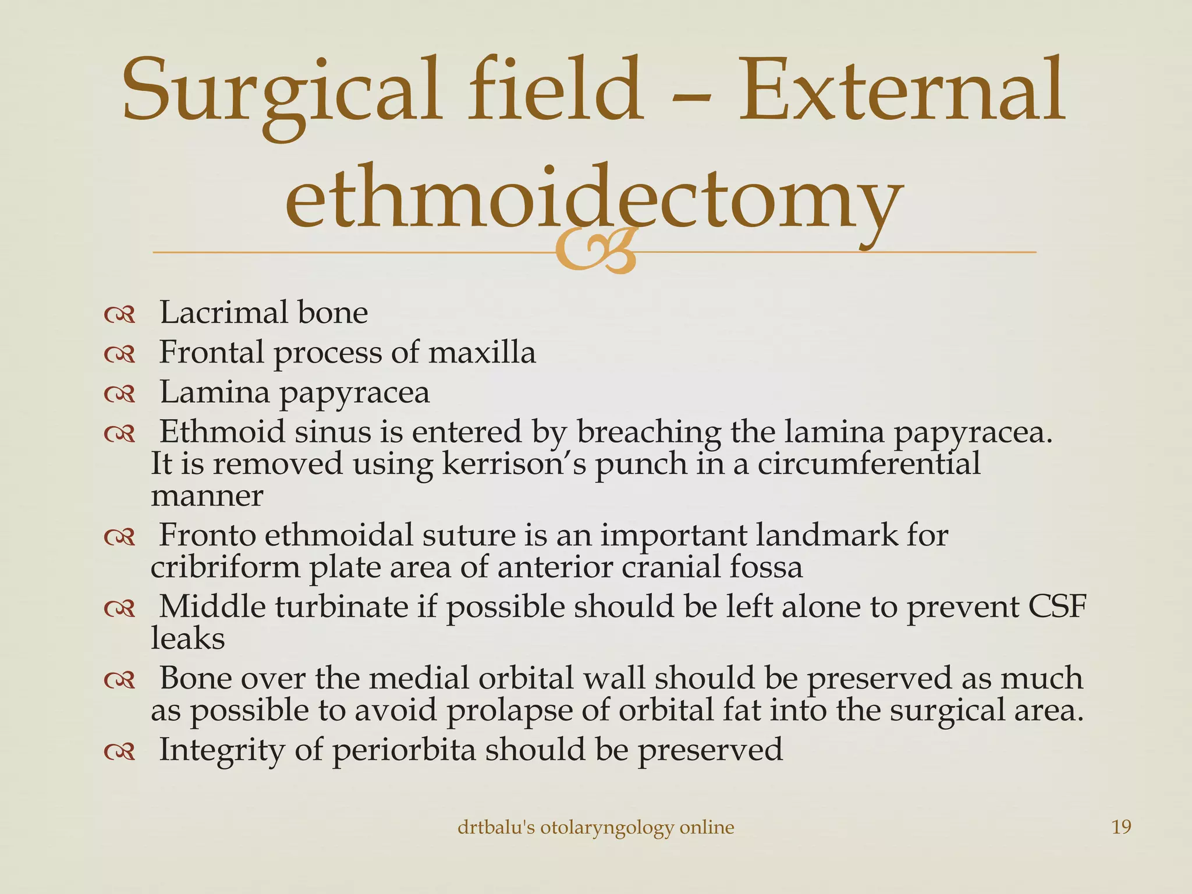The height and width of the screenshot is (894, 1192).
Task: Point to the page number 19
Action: click(1121, 827)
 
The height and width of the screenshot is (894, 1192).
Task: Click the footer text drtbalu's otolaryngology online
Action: click(595, 827)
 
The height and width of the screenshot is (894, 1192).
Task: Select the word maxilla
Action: click(482, 353)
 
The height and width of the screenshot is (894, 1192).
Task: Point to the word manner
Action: click(207, 496)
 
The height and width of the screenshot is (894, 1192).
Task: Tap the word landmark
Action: click(826, 535)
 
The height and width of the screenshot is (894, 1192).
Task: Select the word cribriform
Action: click(225, 567)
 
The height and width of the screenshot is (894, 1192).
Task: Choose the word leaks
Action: click(187, 638)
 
